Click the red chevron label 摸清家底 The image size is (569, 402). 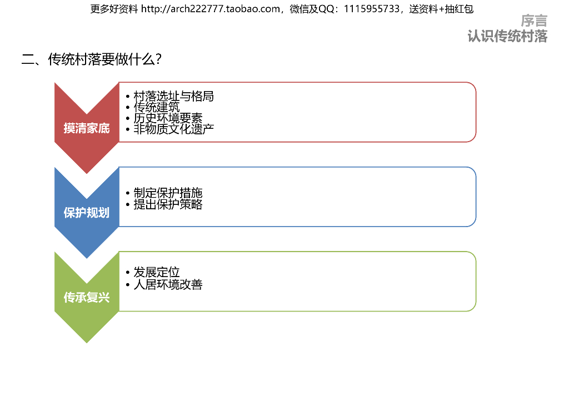(x=87, y=128)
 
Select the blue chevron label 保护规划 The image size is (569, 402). (x=87, y=213)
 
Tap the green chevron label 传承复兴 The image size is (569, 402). (x=87, y=298)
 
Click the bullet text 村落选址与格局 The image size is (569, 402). (x=173, y=96)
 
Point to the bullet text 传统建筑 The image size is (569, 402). (x=157, y=107)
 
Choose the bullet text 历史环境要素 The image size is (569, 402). (x=168, y=118)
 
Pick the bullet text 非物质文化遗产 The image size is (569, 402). (x=173, y=129)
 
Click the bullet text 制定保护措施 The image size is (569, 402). (x=168, y=193)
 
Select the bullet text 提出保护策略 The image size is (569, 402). (x=168, y=204)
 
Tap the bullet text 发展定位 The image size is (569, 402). (x=157, y=273)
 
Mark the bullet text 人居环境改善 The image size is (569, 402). (x=168, y=284)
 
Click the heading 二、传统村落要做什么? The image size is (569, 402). (x=92, y=59)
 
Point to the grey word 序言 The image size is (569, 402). (x=534, y=21)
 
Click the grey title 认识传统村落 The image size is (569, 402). (x=507, y=36)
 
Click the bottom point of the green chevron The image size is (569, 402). (x=87, y=341)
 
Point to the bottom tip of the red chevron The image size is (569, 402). (x=87, y=172)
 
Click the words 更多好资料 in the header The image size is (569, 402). (x=114, y=9)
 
